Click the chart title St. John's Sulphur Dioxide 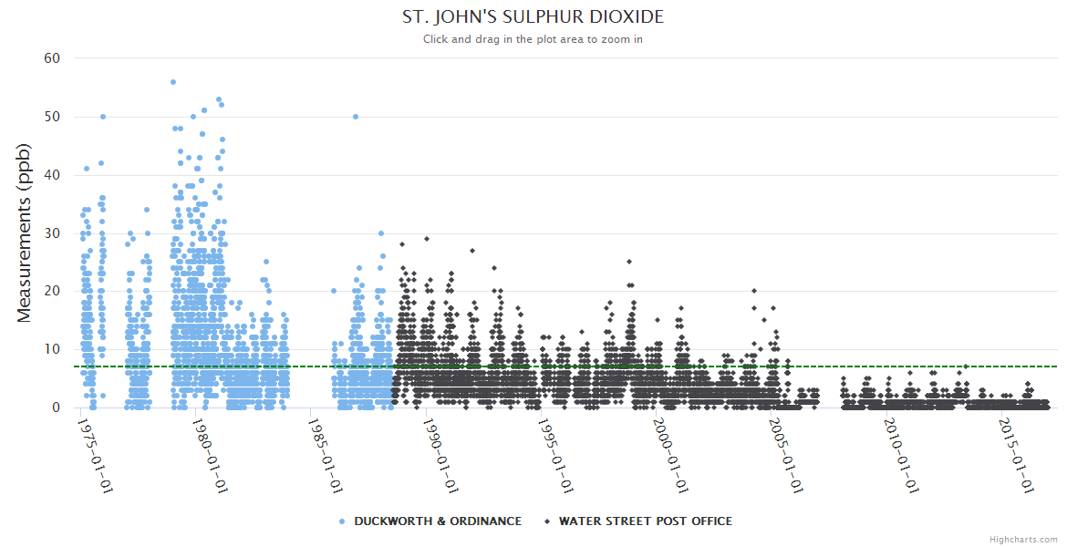point(533,17)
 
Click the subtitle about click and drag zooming point(533,39)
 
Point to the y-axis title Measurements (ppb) point(25,232)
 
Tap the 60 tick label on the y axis point(52,58)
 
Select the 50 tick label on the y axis point(52,117)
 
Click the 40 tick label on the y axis point(52,175)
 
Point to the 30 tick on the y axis point(52,233)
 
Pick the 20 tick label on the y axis point(52,291)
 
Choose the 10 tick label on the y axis point(52,349)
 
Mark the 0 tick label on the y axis point(56,408)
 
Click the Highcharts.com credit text point(1023,540)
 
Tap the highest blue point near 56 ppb point(173,82)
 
